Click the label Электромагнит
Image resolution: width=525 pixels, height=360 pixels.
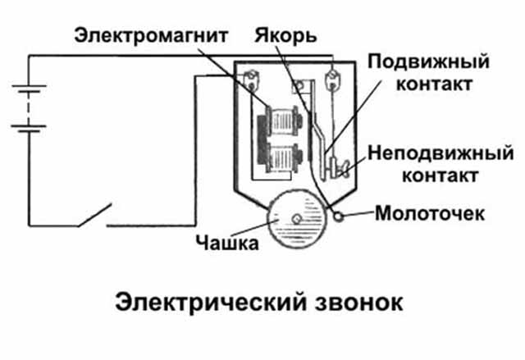click(x=151, y=35)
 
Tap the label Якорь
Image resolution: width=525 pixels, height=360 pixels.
click(x=285, y=36)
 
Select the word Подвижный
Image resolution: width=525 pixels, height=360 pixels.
click(x=428, y=62)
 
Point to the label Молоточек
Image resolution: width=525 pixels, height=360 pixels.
click(x=430, y=213)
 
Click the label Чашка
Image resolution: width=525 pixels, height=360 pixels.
click(x=227, y=243)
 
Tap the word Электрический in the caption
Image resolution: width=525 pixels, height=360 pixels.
click(x=211, y=303)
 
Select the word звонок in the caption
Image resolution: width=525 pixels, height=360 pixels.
click(x=358, y=303)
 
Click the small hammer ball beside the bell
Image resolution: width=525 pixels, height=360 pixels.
click(x=339, y=216)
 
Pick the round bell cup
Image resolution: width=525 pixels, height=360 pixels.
click(x=296, y=219)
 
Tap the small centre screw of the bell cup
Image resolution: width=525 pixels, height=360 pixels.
click(x=297, y=219)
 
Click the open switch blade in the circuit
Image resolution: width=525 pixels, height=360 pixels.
click(x=95, y=215)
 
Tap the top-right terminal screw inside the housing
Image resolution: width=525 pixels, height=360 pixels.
click(x=332, y=79)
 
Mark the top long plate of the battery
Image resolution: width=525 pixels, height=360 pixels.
click(x=30, y=86)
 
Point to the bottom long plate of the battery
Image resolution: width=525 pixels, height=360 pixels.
click(x=29, y=126)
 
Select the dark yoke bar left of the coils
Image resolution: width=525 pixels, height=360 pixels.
click(x=262, y=140)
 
